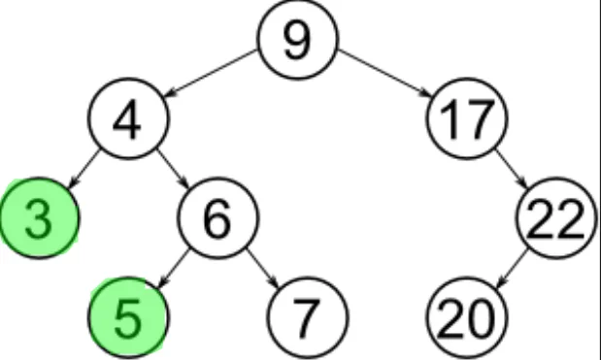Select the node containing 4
pyautogui.click(x=128, y=119)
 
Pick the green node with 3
pyautogui.click(x=38, y=219)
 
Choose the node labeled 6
pyautogui.click(x=218, y=219)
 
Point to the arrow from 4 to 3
pyautogui.click(x=84, y=167)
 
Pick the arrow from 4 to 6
pyautogui.click(x=173, y=168)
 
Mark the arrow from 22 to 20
pyautogui.click(x=513, y=267)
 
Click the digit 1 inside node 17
pyautogui.click(x=449, y=119)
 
